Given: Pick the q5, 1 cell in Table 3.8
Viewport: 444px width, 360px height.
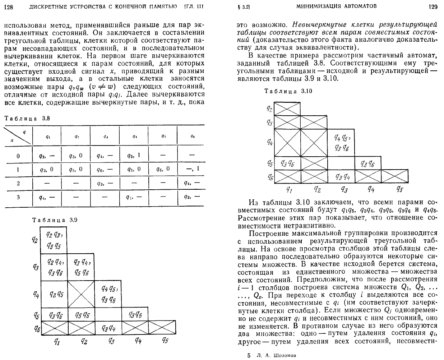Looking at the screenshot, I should [x=134, y=156].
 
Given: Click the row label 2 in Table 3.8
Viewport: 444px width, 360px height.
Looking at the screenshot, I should [x=18, y=183].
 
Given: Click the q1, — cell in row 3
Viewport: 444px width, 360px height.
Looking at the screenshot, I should [x=134, y=197].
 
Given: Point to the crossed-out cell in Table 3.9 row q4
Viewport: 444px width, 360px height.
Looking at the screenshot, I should [x=81, y=294].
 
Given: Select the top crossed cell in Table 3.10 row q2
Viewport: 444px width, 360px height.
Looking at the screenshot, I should [x=287, y=109].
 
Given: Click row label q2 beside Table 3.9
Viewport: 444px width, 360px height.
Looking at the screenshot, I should [x=35, y=239].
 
